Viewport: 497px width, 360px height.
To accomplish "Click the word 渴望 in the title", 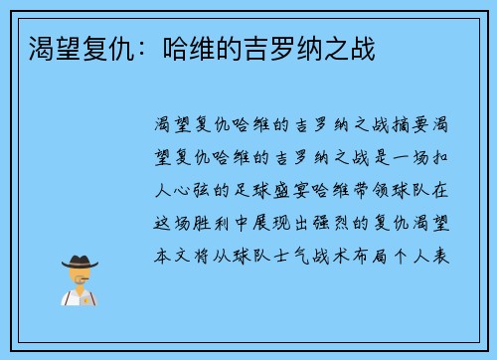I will coord(52,47).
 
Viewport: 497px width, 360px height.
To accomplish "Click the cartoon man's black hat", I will coord(81,262).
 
